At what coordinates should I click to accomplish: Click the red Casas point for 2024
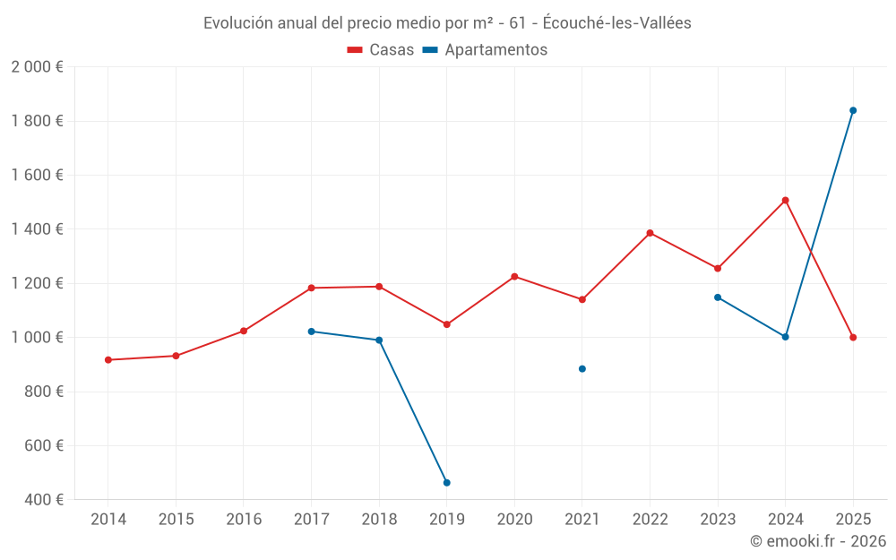pyautogui.click(x=785, y=201)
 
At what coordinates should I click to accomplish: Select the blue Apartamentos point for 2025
pyautogui.click(x=853, y=110)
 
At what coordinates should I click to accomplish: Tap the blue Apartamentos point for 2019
pyautogui.click(x=447, y=483)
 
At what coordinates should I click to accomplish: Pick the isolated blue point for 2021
pyautogui.click(x=582, y=369)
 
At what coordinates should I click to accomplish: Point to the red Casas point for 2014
pyautogui.click(x=108, y=360)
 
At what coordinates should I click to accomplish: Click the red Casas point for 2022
pyautogui.click(x=650, y=233)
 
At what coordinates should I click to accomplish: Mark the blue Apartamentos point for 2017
pyautogui.click(x=311, y=332)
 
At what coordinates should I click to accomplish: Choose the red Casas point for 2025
pyautogui.click(x=853, y=338)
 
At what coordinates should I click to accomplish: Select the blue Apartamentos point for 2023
pyautogui.click(x=718, y=297)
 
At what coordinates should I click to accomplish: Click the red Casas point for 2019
pyautogui.click(x=447, y=324)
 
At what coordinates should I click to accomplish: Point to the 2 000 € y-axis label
pyautogui.click(x=37, y=67)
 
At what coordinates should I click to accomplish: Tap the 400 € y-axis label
pyautogui.click(x=42, y=500)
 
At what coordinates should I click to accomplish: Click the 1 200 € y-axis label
pyautogui.click(x=37, y=283)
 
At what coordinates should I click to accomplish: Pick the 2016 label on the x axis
pyautogui.click(x=244, y=520)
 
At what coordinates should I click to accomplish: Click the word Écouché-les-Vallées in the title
pyautogui.click(x=617, y=23)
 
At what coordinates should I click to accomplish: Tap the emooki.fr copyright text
pyautogui.click(x=818, y=541)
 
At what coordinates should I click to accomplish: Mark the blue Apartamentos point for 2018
pyautogui.click(x=379, y=340)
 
